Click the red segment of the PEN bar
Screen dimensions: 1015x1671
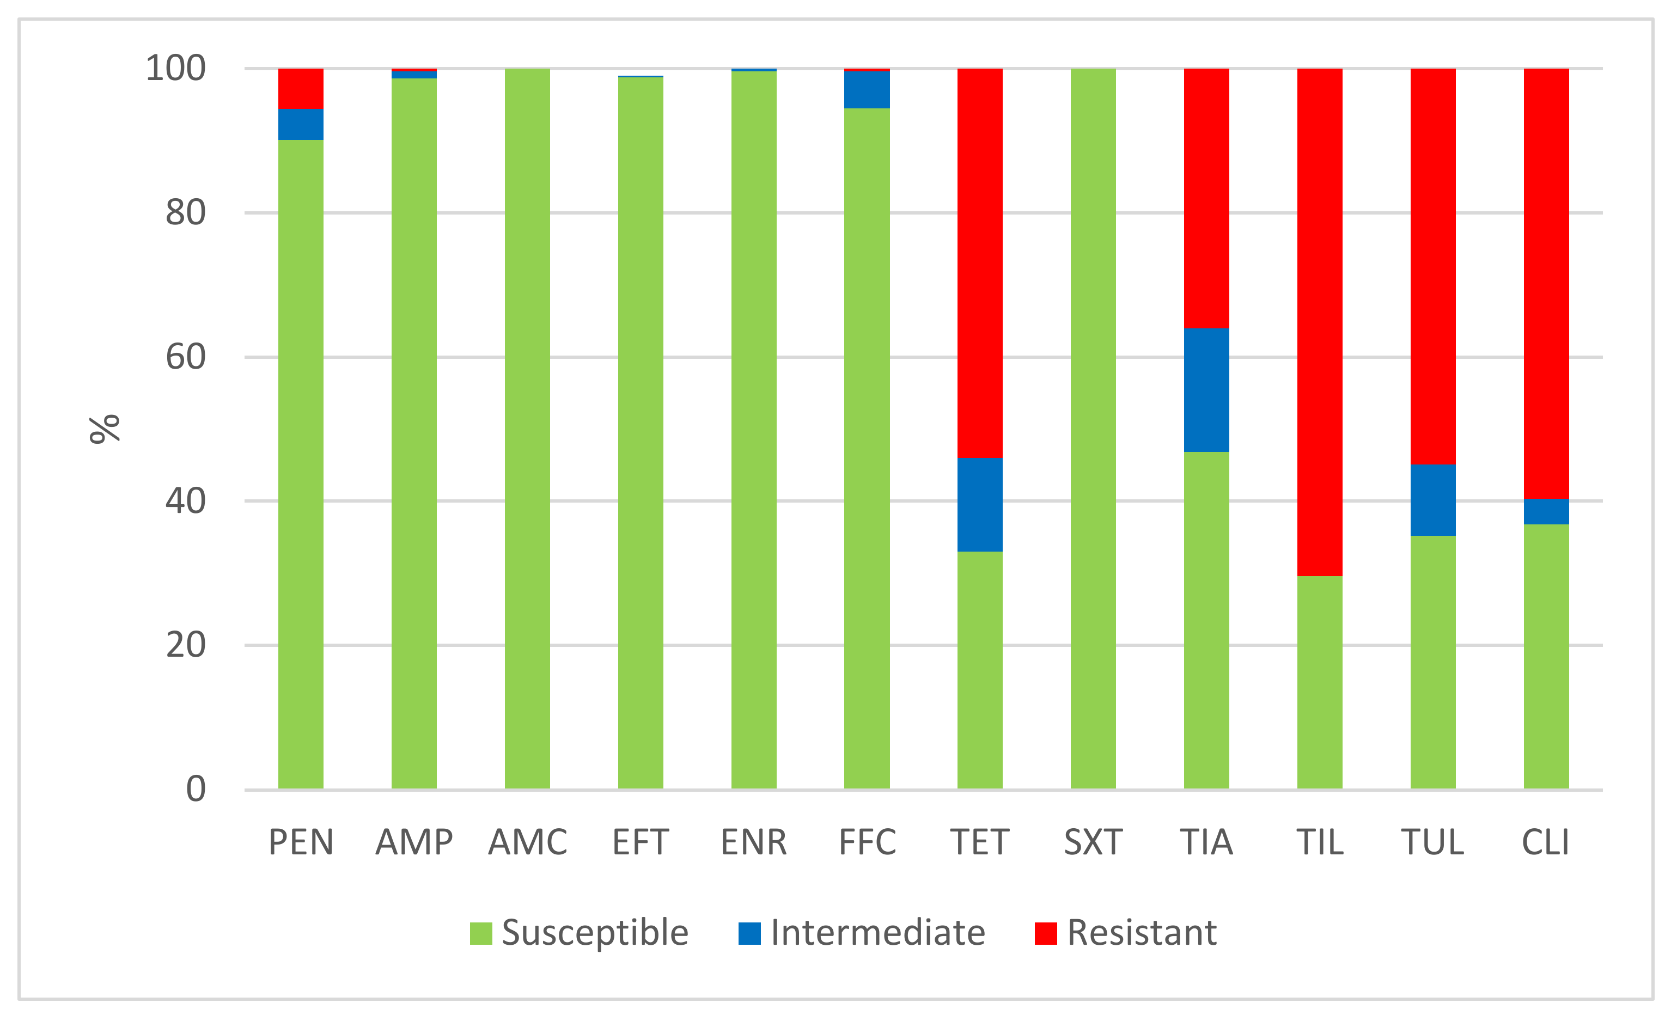(301, 89)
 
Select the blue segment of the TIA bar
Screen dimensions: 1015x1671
(1206, 390)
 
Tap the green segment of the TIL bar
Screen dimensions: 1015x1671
(1319, 681)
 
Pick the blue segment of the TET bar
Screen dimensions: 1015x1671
(979, 504)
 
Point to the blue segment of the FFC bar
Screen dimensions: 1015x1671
(866, 89)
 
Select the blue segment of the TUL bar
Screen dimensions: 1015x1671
(1432, 500)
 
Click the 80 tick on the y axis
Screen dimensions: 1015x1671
(185, 213)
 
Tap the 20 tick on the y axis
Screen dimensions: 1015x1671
(185, 645)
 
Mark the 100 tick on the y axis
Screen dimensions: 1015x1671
(175, 69)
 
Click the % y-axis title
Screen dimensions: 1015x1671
(105, 429)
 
